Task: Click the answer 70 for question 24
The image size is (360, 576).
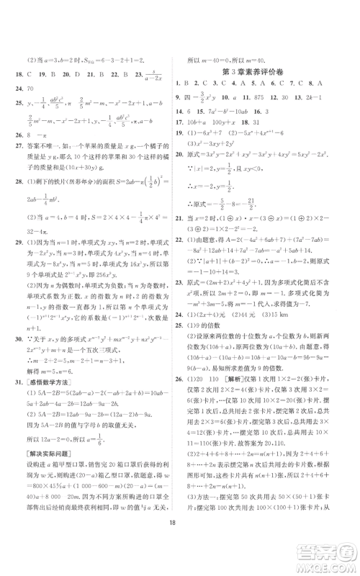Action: [40, 104]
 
